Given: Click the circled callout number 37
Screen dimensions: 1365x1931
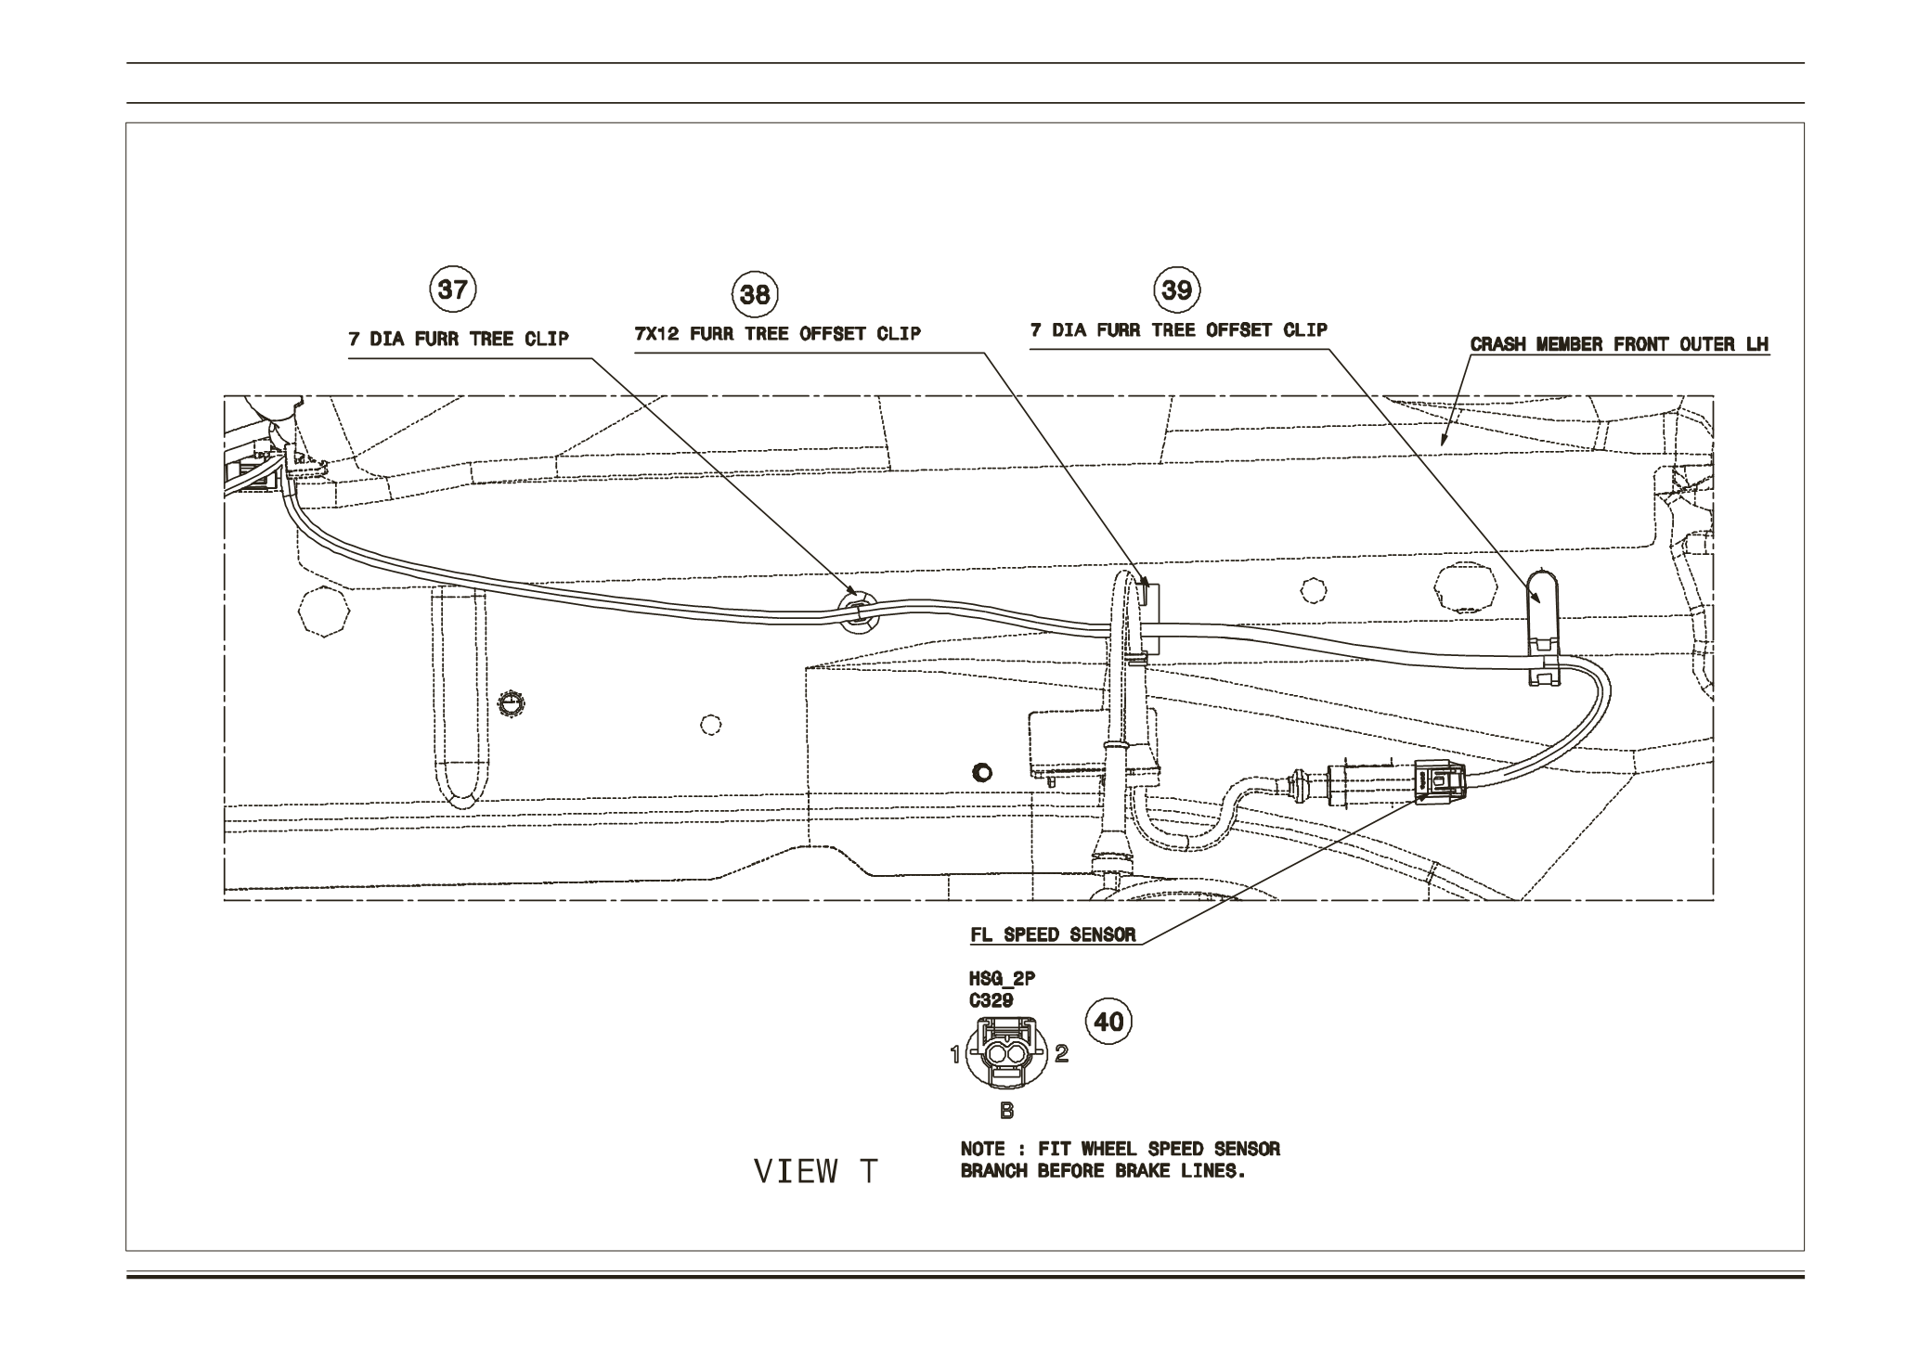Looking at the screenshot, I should click(452, 290).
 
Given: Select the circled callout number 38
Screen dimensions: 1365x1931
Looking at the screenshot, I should click(755, 294).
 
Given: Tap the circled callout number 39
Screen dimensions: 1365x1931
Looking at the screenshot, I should click(1176, 290).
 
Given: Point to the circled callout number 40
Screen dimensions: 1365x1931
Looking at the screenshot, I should click(1109, 1022).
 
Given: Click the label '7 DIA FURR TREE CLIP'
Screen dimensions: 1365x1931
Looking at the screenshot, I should click(459, 339).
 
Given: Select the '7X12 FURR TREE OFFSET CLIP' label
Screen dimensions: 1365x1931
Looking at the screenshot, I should click(777, 333).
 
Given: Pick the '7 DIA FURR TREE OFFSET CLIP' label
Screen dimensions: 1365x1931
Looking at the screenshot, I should click(1178, 329).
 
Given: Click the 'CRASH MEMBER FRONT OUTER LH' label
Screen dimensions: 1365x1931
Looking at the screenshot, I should click(1619, 344).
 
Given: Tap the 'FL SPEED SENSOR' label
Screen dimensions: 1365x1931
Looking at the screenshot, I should click(1053, 934).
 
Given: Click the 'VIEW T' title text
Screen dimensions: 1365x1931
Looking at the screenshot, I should click(815, 1172).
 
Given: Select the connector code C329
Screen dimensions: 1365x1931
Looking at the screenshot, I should click(991, 1000).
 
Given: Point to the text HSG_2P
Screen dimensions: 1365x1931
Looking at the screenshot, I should click(1002, 978).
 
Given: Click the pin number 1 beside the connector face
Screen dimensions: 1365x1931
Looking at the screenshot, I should click(953, 1054).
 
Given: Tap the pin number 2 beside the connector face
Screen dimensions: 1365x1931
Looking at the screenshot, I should click(1062, 1053).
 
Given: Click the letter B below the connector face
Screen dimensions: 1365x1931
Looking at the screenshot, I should click(1006, 1110).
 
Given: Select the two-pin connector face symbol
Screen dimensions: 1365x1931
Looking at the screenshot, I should click(1006, 1053).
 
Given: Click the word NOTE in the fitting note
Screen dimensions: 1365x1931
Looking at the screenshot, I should click(982, 1149).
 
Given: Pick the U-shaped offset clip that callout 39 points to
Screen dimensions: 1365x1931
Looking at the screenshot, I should click(1543, 626).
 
